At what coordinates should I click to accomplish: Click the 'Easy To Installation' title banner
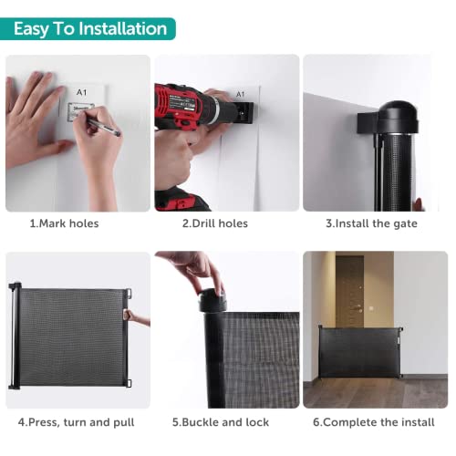point(88,29)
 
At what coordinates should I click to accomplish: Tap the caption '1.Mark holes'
point(64,223)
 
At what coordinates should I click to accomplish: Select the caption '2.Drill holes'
point(215,223)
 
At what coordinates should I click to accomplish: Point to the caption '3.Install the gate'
point(371,223)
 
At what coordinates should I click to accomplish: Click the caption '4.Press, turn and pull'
point(76,422)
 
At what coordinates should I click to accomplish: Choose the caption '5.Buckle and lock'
point(221,422)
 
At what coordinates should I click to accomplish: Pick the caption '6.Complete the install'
point(374,422)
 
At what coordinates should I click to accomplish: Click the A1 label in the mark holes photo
point(81,92)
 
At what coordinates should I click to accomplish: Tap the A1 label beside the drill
point(240,94)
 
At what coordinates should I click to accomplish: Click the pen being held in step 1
point(103,127)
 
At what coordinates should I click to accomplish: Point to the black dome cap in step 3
point(399,117)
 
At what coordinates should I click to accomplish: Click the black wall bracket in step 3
point(368,123)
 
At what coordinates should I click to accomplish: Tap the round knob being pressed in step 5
point(212,300)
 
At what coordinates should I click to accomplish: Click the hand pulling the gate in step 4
point(135,317)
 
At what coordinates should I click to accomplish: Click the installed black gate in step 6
point(360,352)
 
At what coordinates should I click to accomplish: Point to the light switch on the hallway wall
point(371,308)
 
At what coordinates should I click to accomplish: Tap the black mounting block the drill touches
point(244,113)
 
